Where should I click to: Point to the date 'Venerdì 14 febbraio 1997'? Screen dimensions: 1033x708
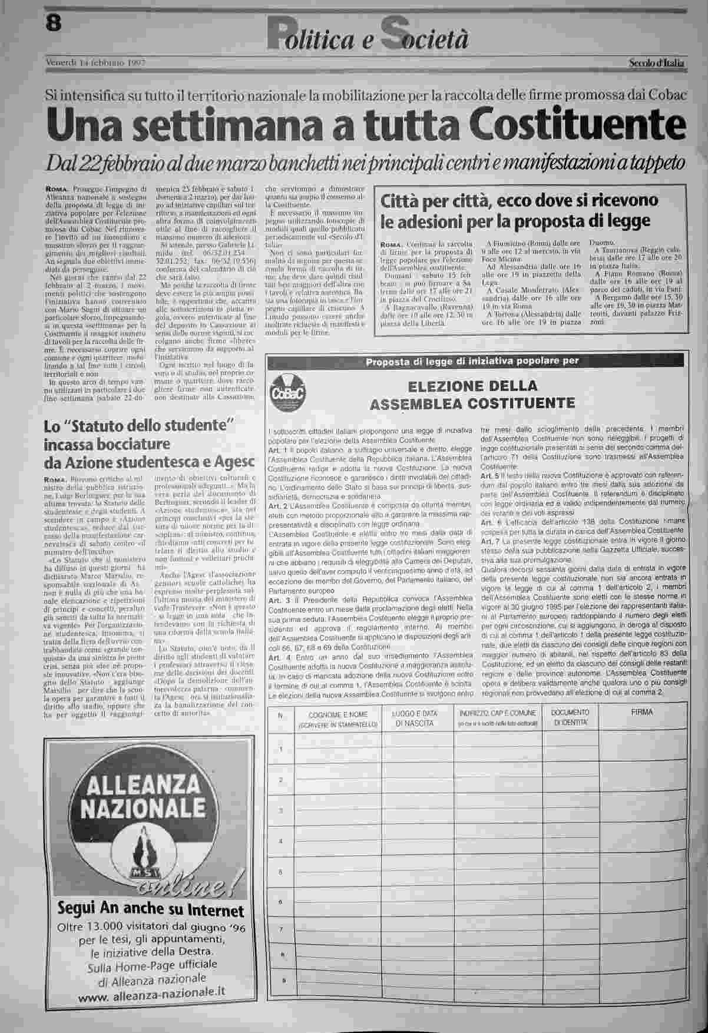(x=95, y=62)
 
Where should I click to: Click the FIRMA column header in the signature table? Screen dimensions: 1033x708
(x=641, y=712)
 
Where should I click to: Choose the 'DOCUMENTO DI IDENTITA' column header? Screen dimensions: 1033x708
(x=570, y=717)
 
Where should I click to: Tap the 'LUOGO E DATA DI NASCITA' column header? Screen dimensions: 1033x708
(x=416, y=717)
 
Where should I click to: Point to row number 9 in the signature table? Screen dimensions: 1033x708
(x=283, y=981)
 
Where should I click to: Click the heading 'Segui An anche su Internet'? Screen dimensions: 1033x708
(x=151, y=910)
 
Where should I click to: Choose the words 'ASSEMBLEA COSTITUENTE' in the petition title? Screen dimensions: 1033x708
(x=472, y=403)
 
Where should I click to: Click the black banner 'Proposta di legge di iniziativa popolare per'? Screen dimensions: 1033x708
(x=472, y=361)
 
